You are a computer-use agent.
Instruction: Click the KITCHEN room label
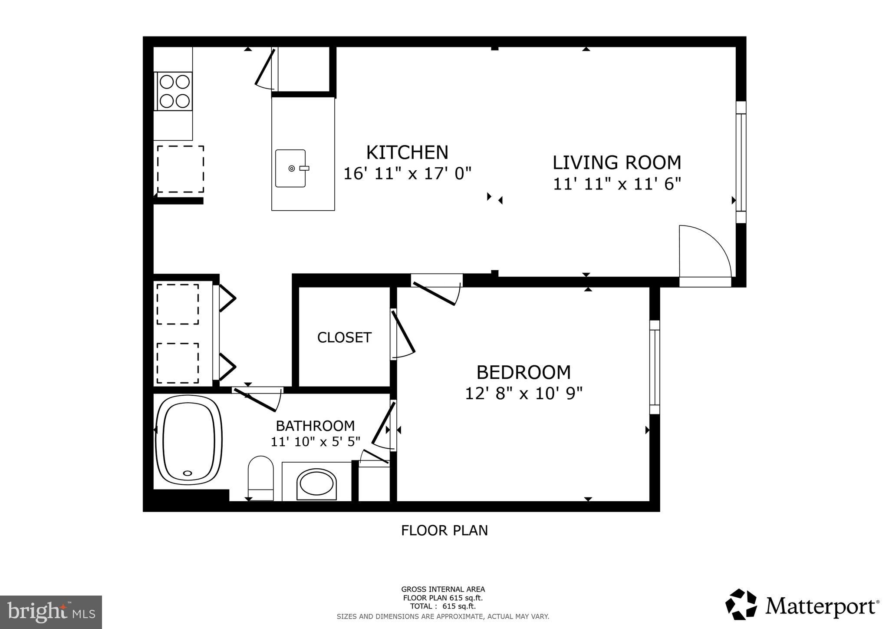(407, 152)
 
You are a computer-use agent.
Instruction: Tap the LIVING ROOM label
(616, 162)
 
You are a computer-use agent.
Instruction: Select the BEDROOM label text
(524, 373)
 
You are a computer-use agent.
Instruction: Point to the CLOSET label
(344, 338)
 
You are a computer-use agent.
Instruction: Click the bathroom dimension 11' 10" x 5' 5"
(316, 442)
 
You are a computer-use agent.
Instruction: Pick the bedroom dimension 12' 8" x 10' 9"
(524, 394)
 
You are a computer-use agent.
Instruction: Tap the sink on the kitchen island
(291, 169)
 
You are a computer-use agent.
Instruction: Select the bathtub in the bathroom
(188, 440)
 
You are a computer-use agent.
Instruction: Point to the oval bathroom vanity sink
(316, 484)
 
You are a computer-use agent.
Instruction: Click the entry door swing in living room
(703, 252)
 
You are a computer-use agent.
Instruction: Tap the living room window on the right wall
(741, 162)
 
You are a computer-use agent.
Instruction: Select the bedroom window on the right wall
(654, 367)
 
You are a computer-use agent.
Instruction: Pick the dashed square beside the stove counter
(181, 169)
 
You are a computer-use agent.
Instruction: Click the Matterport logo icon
(741, 604)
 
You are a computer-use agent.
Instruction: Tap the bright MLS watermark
(51, 612)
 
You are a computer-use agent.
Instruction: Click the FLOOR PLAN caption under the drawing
(444, 530)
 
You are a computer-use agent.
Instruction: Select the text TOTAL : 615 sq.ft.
(443, 606)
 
